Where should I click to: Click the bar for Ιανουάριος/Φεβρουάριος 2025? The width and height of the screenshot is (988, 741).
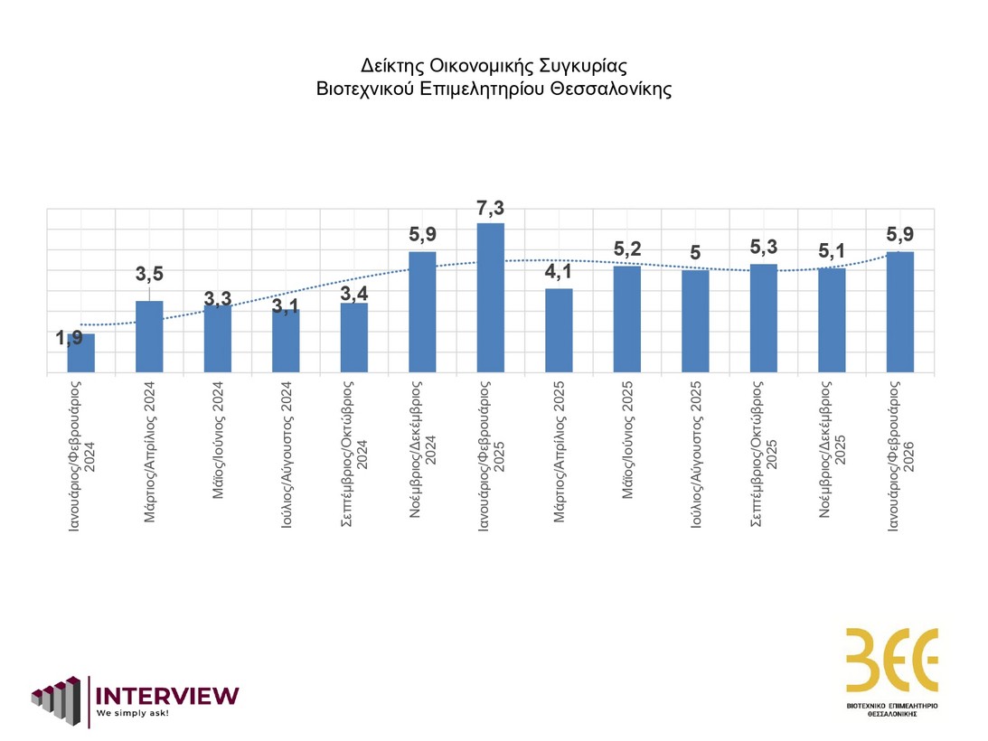[490, 297]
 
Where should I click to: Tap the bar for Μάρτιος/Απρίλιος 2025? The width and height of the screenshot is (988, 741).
[559, 330]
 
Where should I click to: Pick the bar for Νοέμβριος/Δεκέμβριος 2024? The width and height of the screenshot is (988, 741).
[422, 312]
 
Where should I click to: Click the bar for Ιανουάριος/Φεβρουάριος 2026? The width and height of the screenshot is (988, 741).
[899, 312]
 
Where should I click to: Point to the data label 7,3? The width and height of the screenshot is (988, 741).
[490, 210]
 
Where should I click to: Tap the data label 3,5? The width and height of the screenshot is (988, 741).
[149, 276]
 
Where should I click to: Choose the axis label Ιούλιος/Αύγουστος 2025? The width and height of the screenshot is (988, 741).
[695, 455]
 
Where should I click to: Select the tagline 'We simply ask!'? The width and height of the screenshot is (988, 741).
[133, 713]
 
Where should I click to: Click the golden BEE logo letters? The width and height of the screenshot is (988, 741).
[891, 660]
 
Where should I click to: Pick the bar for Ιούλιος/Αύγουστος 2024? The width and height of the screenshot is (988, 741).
[286, 341]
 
